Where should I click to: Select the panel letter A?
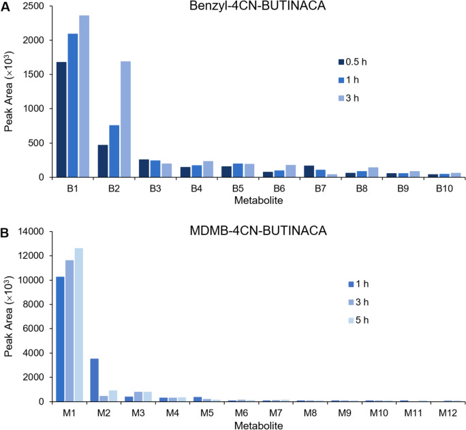(x=5, y=6)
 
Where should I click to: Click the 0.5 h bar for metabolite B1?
(x=61, y=119)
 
